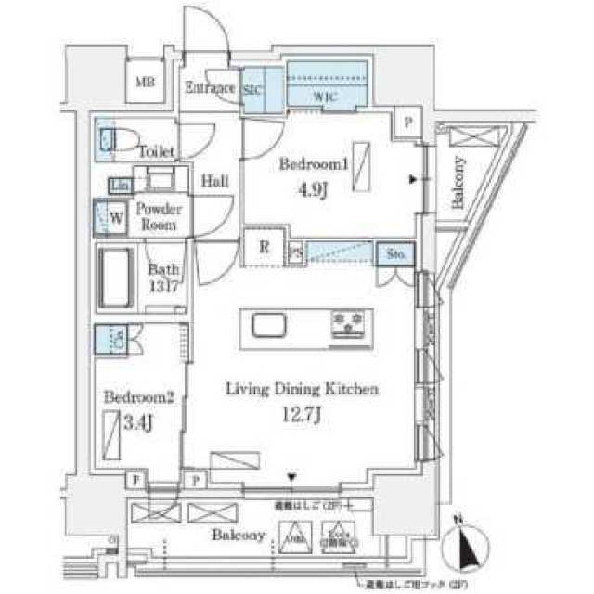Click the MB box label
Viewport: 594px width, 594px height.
(x=146, y=83)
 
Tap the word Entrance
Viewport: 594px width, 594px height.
(x=211, y=89)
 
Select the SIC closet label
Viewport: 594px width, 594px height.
(x=252, y=89)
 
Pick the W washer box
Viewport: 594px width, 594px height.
(x=117, y=219)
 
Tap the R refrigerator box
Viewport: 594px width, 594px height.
(x=264, y=248)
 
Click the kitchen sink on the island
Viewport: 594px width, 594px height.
(x=265, y=326)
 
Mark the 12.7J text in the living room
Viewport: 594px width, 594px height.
(x=301, y=416)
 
